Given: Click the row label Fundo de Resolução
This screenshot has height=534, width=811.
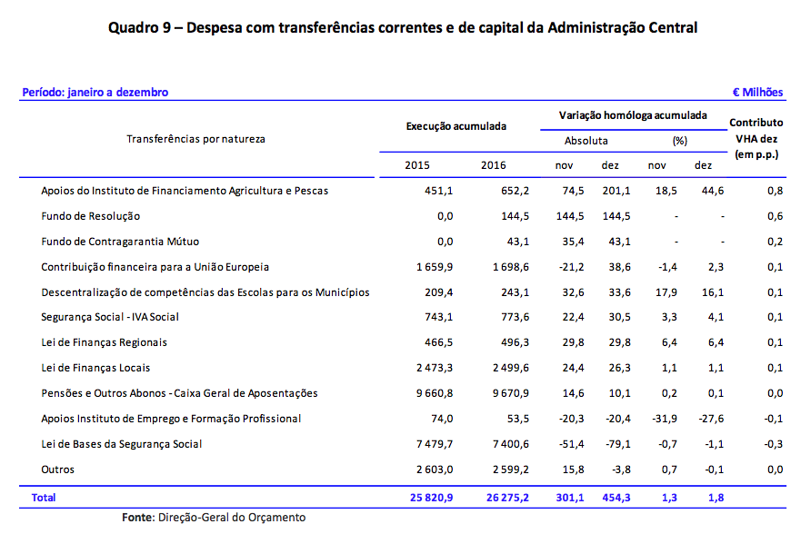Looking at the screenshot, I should (91, 216).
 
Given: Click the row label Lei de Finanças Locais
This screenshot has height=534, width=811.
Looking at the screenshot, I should (95, 368).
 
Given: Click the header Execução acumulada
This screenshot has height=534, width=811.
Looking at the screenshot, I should (456, 126).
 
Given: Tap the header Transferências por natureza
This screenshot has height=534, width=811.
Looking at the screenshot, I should (195, 139).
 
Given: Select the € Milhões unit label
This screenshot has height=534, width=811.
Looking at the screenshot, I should (757, 93).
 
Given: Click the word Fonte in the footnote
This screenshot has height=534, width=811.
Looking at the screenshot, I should (139, 518).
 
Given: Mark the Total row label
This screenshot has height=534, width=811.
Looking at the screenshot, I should (43, 498).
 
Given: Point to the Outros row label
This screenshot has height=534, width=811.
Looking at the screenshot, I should (58, 470).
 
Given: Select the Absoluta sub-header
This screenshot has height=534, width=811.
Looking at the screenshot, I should (586, 141).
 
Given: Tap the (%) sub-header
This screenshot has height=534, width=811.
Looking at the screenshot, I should (679, 141).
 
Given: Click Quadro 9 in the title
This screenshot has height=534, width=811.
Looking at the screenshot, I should (142, 27).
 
